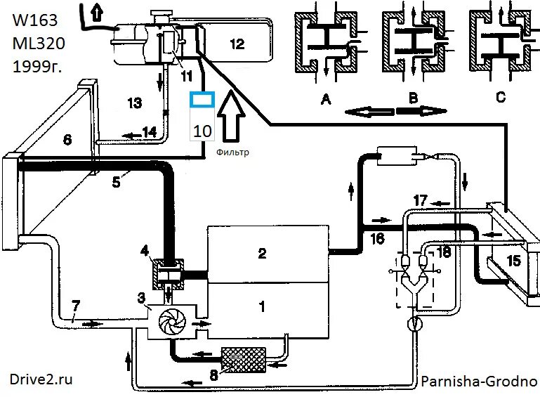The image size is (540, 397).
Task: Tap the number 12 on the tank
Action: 237,44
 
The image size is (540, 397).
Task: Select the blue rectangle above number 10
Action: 202,100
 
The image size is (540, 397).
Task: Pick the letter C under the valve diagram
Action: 501,98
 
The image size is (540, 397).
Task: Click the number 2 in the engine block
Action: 262,254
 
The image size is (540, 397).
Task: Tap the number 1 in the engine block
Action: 262,306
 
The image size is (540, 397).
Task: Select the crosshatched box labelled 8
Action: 242,359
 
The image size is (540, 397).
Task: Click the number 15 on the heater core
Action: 513,261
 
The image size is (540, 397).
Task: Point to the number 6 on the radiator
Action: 67,140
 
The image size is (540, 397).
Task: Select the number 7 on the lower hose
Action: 75,307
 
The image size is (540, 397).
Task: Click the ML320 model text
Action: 39,44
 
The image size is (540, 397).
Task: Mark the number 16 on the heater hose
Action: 377,239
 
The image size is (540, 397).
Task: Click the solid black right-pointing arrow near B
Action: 421,110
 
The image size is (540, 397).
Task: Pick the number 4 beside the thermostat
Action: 143,250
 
